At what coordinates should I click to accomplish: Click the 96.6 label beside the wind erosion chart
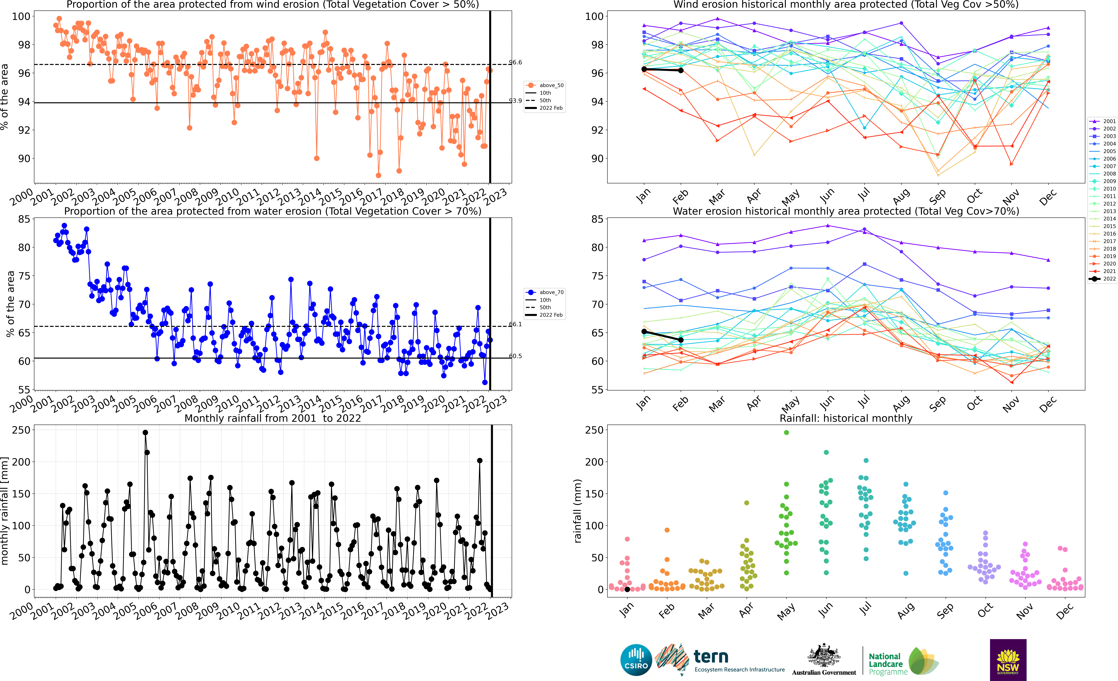click(515, 62)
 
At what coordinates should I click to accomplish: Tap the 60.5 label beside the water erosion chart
click(515, 356)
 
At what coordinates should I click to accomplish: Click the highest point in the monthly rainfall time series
click(145, 433)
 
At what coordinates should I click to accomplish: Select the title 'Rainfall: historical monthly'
click(846, 418)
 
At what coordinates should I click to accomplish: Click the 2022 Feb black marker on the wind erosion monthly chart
click(681, 70)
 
